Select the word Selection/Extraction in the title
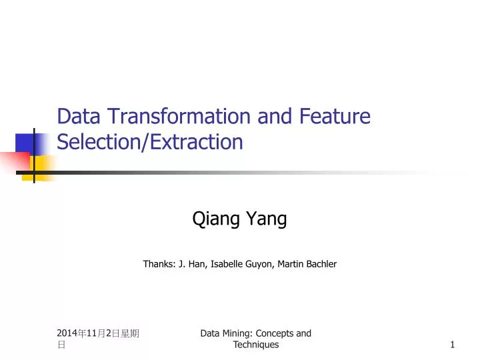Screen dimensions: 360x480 [x=150, y=142]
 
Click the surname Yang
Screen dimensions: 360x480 [x=267, y=218]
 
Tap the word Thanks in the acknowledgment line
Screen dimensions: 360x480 [x=159, y=264]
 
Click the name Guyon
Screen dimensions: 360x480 [x=262, y=264]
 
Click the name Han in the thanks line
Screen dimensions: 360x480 [x=197, y=264]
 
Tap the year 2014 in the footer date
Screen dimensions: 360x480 [x=67, y=333]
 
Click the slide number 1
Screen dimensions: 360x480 [x=452, y=345]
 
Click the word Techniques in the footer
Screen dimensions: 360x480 [x=256, y=345]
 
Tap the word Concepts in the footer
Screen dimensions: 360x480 [x=275, y=333]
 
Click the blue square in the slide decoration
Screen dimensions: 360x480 [x=27, y=143]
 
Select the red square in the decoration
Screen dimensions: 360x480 [x=15, y=162]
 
